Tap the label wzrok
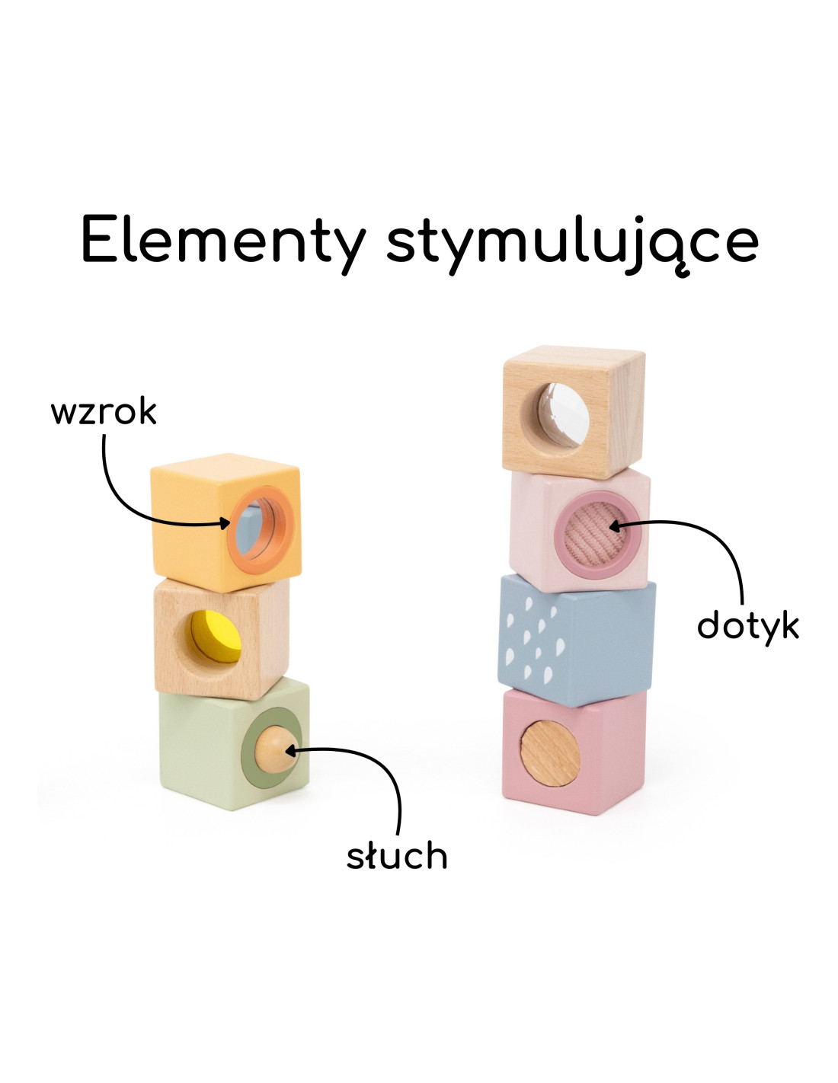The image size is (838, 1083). [x=104, y=412]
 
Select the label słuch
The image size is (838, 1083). [x=397, y=855]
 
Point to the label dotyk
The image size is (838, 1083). [x=747, y=626]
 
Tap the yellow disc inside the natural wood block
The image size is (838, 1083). [x=217, y=637]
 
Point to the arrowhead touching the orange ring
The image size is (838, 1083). [x=225, y=522]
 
